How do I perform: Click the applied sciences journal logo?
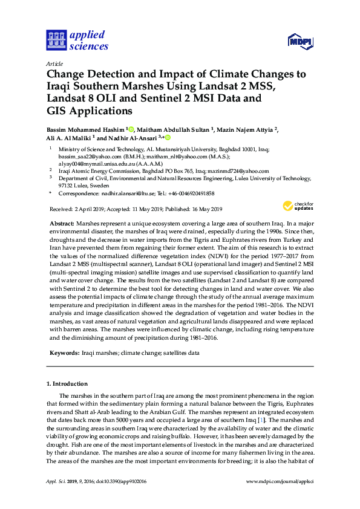77,41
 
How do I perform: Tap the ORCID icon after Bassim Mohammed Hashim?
131,128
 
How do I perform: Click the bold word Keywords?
63,351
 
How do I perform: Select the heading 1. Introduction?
67,384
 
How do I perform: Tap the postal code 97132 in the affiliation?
67,186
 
